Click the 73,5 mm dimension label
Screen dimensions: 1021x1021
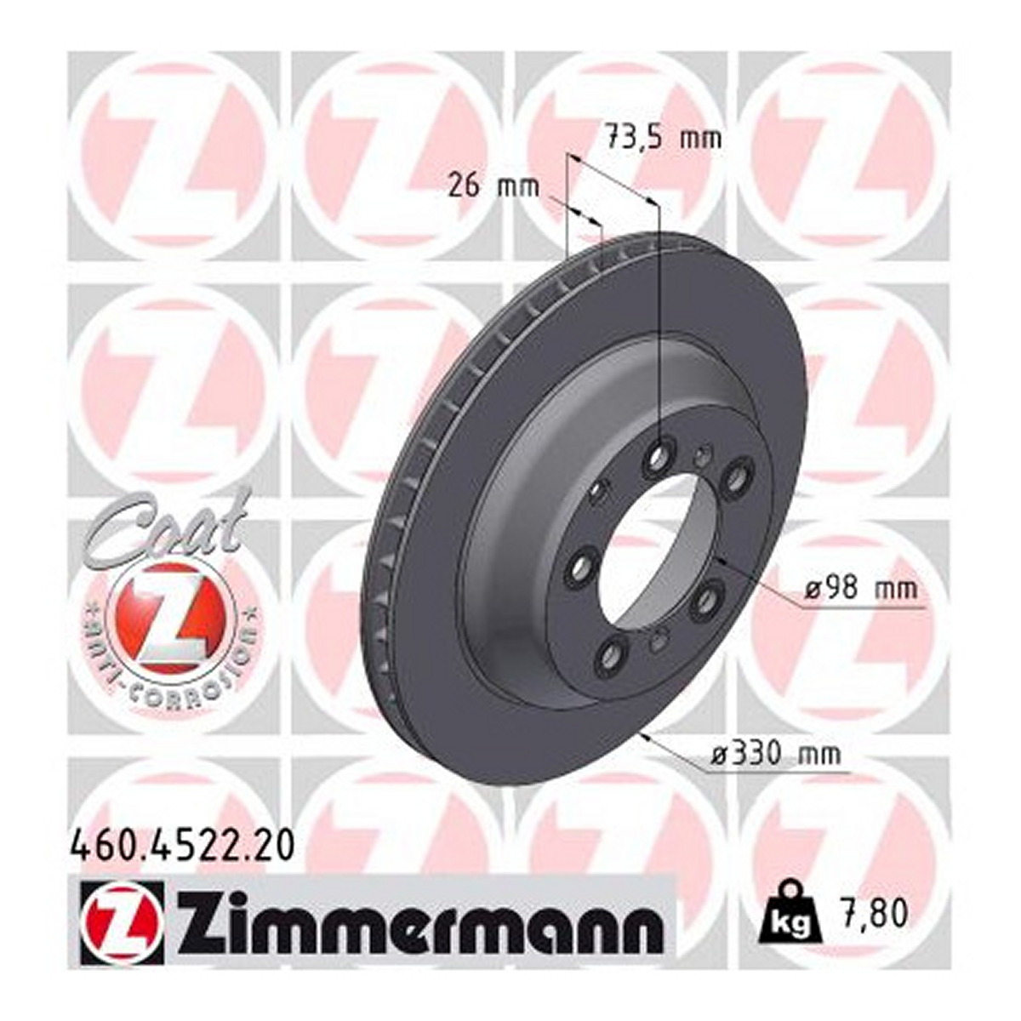click(663, 140)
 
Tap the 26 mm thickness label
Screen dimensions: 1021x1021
click(493, 187)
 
